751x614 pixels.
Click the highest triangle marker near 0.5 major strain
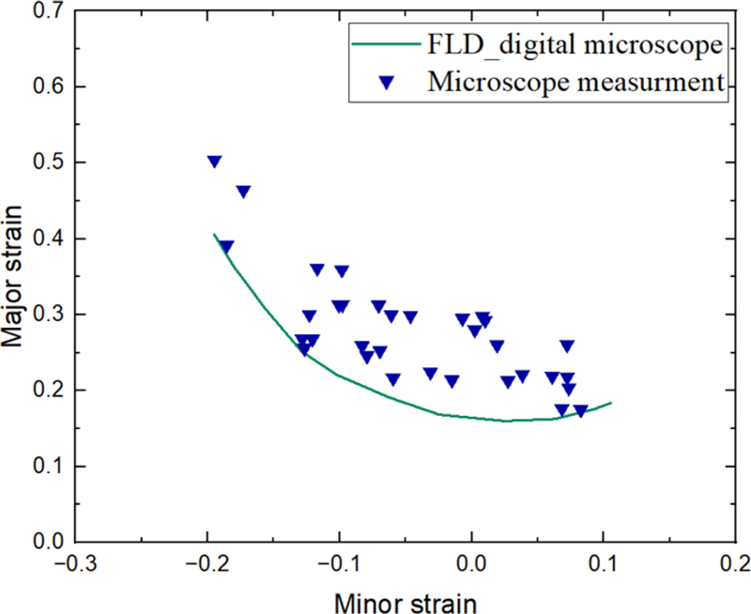[214, 161]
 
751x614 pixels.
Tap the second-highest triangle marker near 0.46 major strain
[243, 192]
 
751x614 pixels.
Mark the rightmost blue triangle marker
[581, 410]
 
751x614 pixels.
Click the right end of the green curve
[611, 403]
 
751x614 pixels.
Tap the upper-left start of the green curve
[214, 235]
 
